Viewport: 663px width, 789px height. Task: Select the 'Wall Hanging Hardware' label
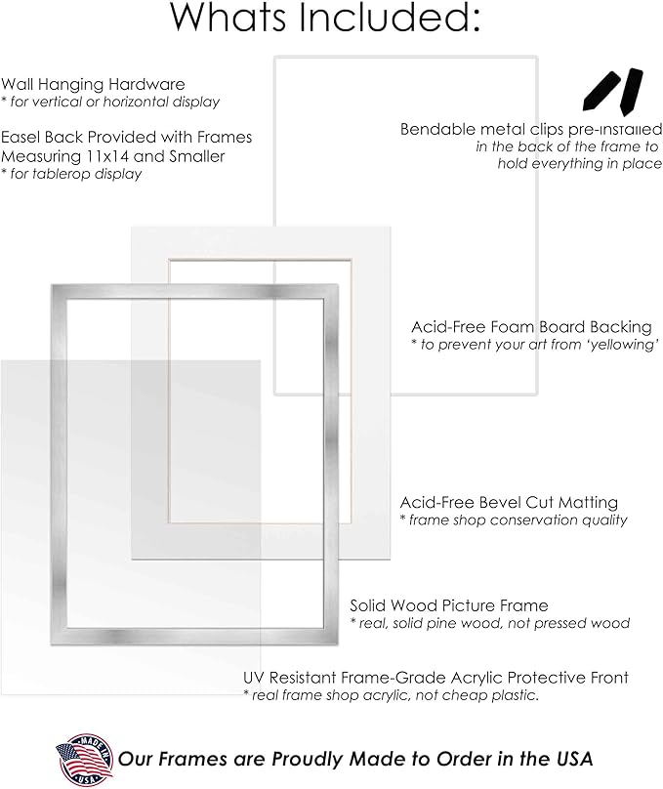[93, 85]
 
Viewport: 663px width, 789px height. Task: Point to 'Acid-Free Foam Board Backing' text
[531, 328]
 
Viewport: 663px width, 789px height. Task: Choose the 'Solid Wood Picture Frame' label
[449, 606]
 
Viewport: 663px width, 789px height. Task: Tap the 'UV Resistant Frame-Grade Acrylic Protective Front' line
[435, 678]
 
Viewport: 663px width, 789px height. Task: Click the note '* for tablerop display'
[71, 174]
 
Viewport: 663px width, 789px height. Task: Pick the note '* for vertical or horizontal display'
[110, 102]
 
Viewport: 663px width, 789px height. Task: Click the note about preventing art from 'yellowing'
[535, 345]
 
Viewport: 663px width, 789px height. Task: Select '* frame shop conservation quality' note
[513, 519]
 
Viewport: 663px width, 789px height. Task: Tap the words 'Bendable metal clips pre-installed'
[530, 129]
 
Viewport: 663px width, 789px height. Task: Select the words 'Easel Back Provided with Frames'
[126, 138]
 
